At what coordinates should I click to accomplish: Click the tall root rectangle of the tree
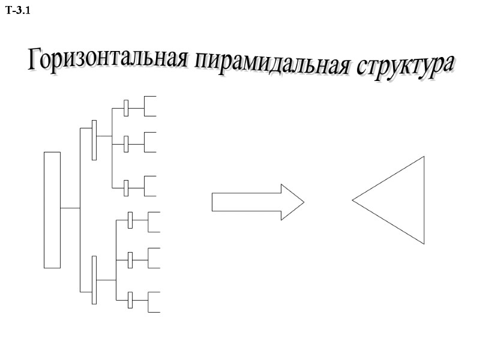[x=52, y=209]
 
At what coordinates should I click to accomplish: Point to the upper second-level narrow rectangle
[x=94, y=140]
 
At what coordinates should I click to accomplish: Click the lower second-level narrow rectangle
[x=94, y=280]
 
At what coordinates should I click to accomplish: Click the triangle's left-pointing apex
[x=354, y=200]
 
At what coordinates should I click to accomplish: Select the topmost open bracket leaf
[x=150, y=106]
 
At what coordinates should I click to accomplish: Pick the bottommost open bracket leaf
[x=154, y=302]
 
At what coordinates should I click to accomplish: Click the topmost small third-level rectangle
[x=126, y=108]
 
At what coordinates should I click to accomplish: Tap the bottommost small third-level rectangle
[x=130, y=300]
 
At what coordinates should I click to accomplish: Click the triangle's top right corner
[x=423, y=158]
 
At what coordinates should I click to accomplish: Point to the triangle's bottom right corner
[x=423, y=242]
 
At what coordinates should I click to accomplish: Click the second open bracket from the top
[x=150, y=142]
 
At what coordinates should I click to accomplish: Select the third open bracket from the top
[x=150, y=186]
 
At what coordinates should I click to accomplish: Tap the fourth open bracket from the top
[x=154, y=222]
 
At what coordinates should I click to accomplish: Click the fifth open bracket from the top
[x=154, y=257]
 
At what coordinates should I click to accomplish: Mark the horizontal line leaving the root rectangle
[x=70, y=208]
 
